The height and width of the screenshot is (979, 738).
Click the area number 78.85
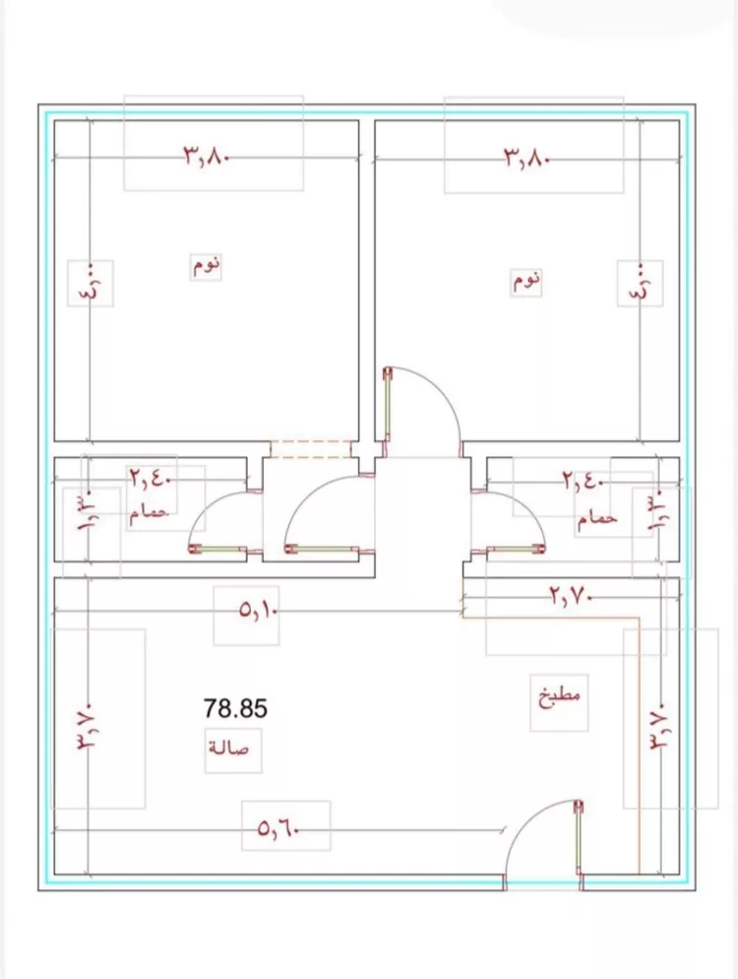pos(235,709)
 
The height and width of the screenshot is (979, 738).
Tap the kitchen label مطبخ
pos(559,696)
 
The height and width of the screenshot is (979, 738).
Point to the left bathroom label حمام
pos(150,512)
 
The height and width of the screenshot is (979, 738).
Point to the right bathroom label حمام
pos(597,518)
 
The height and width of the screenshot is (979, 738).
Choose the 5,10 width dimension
pos(258,610)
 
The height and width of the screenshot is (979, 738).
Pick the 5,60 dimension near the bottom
pos(278,829)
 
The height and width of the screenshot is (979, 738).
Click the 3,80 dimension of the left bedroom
pos(207,156)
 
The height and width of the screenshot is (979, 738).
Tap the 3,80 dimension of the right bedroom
pos(527,158)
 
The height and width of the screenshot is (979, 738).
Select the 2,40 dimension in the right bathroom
pos(583,482)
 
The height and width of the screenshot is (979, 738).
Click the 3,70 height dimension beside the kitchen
pos(660,726)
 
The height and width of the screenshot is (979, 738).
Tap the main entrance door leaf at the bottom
pos(579,837)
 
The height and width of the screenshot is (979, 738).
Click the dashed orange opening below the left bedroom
pos(311,449)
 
